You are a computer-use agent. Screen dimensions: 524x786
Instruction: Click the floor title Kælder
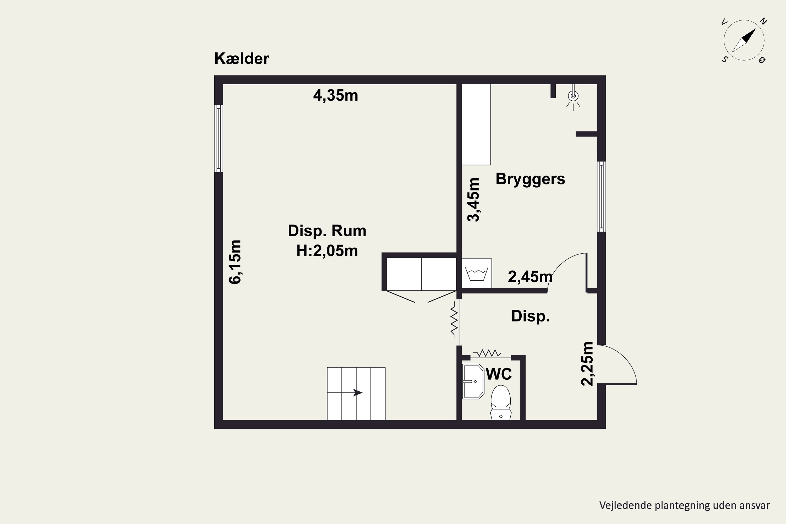(x=242, y=59)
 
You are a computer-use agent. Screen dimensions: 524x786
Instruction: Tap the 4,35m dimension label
(x=336, y=96)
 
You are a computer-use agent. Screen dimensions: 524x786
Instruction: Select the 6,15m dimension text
(x=235, y=262)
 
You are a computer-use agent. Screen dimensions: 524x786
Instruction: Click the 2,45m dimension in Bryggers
(x=530, y=277)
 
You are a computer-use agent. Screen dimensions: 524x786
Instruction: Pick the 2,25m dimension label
(x=587, y=364)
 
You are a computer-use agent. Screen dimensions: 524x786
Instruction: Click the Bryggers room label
(x=530, y=179)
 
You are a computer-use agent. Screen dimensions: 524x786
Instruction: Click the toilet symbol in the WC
(x=501, y=402)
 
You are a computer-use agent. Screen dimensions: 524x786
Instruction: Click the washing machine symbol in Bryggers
(x=477, y=273)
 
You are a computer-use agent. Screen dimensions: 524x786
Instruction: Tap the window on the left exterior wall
(x=219, y=139)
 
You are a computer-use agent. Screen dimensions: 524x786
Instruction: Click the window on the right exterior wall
(x=601, y=196)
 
